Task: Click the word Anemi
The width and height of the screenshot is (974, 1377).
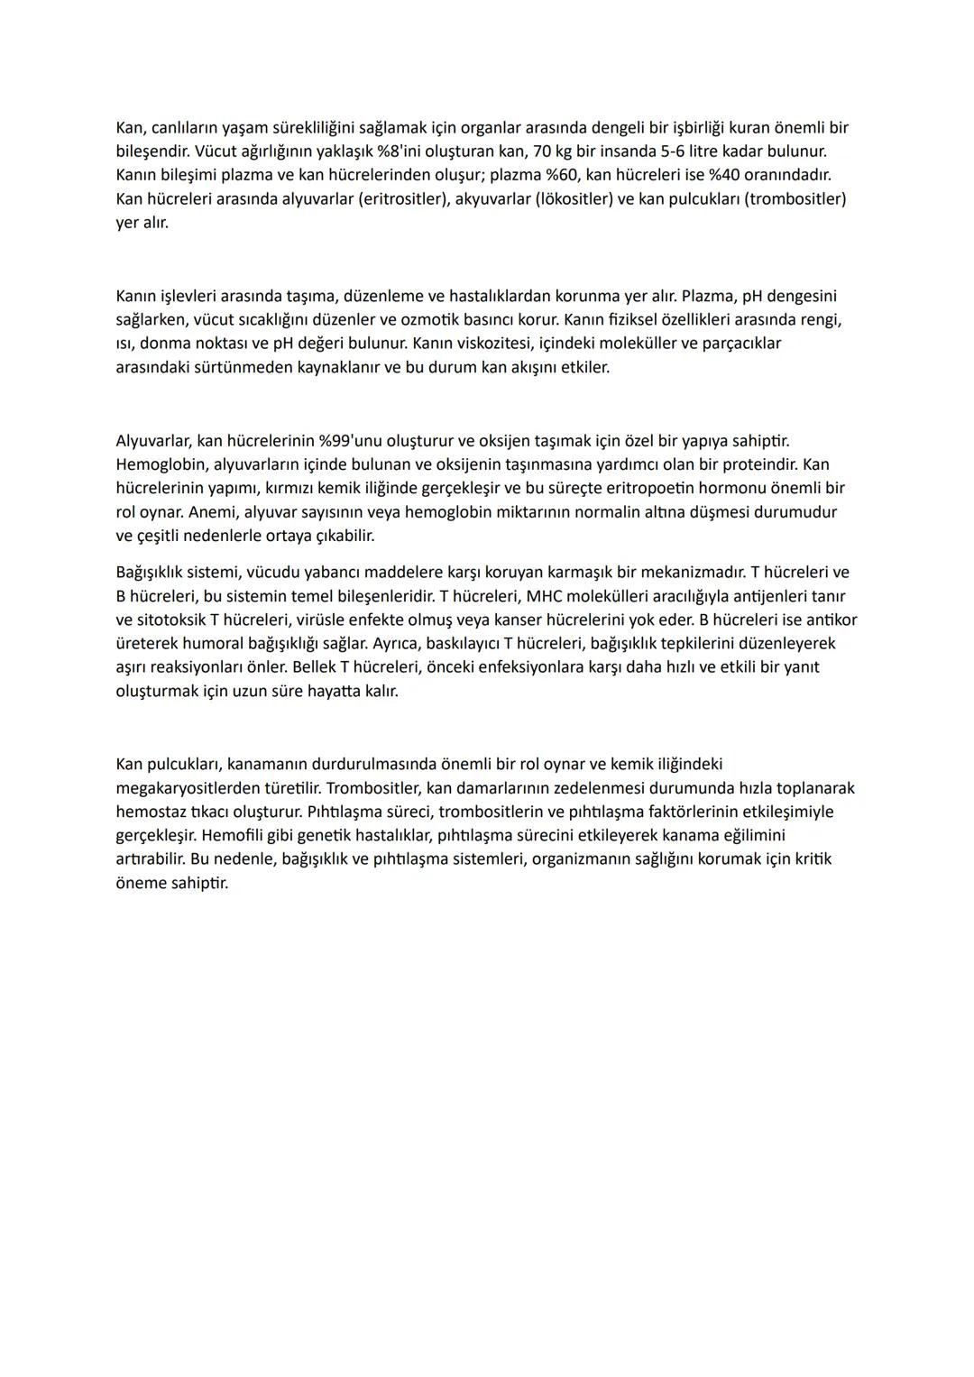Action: pyautogui.click(x=211, y=512)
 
